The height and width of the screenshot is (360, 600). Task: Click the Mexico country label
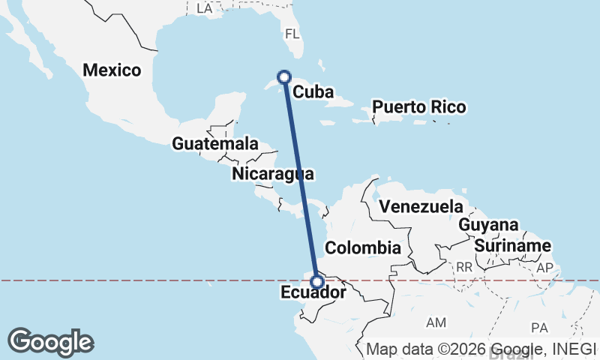pyautogui.click(x=112, y=70)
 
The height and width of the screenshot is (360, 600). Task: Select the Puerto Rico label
pyautogui.click(x=419, y=106)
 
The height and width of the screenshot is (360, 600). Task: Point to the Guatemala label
pyautogui.click(x=214, y=143)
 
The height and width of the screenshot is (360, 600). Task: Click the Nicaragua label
pyautogui.click(x=272, y=174)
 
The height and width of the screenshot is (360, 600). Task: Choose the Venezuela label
pyautogui.click(x=421, y=206)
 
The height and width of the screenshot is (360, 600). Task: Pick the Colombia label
pyautogui.click(x=363, y=248)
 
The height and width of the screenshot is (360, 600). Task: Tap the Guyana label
pyautogui.click(x=488, y=225)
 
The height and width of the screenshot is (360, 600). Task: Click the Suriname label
pyautogui.click(x=513, y=246)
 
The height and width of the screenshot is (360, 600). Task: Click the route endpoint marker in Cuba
pyautogui.click(x=284, y=76)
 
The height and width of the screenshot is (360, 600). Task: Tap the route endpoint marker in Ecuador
pyautogui.click(x=317, y=282)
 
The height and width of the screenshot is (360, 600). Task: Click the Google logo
pyautogui.click(x=50, y=341)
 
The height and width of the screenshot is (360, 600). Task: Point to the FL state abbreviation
pyautogui.click(x=292, y=34)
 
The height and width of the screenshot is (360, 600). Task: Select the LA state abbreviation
pyautogui.click(x=204, y=8)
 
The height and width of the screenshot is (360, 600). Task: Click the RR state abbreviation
pyautogui.click(x=465, y=266)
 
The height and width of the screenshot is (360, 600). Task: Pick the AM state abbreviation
pyautogui.click(x=436, y=322)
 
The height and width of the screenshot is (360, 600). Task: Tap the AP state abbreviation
pyautogui.click(x=544, y=268)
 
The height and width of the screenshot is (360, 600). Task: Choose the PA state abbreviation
pyautogui.click(x=539, y=328)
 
